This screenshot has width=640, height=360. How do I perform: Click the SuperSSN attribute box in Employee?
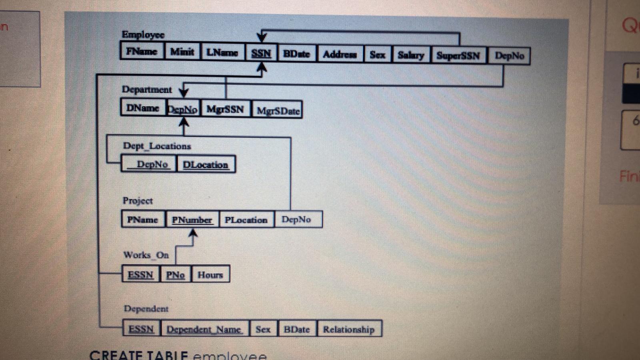[458, 55]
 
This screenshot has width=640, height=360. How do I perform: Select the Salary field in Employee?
[411, 55]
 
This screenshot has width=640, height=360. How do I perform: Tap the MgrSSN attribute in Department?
[225, 109]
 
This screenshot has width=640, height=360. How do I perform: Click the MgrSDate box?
[278, 111]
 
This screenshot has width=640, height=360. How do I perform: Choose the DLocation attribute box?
[205, 164]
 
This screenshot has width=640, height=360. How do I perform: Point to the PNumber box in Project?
[192, 220]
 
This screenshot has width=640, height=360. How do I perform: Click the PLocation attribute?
[246, 220]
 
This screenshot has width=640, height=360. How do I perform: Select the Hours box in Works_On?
[210, 275]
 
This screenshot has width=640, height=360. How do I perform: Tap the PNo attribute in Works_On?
[176, 275]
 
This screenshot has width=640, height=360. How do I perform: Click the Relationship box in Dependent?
[349, 329]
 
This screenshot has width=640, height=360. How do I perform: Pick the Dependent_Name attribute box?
[204, 329]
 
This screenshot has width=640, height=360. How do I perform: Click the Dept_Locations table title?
[157, 146]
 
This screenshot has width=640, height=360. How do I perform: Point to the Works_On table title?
[146, 255]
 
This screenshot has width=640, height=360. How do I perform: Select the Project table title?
[138, 200]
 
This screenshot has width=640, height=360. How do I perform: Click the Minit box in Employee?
[182, 52]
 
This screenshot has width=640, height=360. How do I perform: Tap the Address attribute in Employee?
[340, 54]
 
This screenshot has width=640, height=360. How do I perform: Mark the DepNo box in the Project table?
[296, 219]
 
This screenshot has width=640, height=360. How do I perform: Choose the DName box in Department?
[143, 108]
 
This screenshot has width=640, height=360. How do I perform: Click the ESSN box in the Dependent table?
[141, 329]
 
